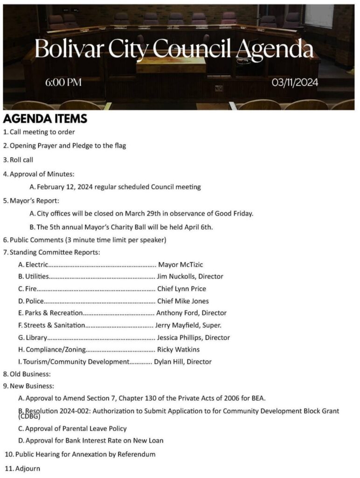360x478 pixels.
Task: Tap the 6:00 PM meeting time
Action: tap(63, 83)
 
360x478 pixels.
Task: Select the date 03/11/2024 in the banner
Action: tap(295, 83)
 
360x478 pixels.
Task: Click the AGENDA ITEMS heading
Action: tap(45, 119)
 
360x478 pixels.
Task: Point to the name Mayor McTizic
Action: tap(181, 265)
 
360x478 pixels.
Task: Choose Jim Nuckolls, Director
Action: tap(190, 276)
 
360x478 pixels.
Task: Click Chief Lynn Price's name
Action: tap(181, 288)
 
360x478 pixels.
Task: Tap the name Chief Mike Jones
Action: tap(183, 301)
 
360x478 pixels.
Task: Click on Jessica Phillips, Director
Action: tap(193, 337)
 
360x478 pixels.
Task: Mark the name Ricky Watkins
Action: tap(178, 349)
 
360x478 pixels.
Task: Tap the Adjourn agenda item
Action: tap(28, 468)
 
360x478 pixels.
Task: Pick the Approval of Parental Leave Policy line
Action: tap(76, 429)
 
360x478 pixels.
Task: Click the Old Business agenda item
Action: tap(30, 374)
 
